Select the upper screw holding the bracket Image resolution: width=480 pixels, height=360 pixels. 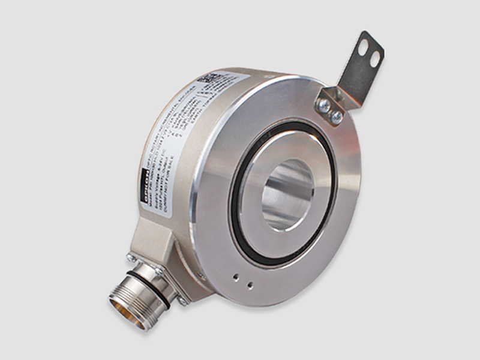click(x=325, y=105)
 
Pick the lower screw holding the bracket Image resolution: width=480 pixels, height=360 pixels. click(x=337, y=118)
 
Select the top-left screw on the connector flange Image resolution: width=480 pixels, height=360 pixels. click(x=131, y=259)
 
